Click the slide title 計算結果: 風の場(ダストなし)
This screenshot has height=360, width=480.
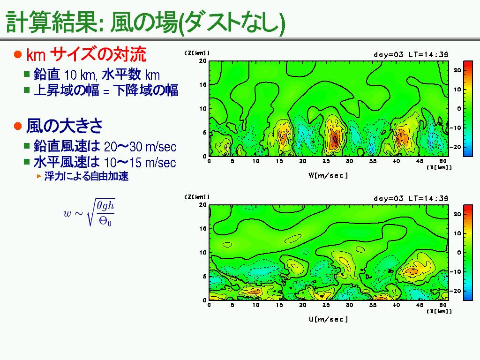click(x=145, y=22)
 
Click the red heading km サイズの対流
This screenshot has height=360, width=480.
click(x=86, y=54)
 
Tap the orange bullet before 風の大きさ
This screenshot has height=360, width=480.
click(x=18, y=126)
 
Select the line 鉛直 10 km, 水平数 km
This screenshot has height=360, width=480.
click(x=97, y=75)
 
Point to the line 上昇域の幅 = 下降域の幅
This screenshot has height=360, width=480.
click(x=106, y=90)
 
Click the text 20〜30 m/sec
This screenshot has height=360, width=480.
click(x=140, y=147)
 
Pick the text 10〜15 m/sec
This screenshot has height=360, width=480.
click(x=140, y=163)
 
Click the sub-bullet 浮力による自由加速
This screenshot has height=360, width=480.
click(x=86, y=176)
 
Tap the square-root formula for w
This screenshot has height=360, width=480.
click(x=89, y=212)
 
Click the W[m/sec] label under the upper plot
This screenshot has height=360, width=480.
click(x=328, y=175)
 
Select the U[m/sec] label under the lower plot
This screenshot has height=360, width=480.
click(x=328, y=319)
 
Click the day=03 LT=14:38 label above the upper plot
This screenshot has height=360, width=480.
click(x=411, y=54)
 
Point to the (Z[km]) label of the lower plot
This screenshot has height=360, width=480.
click(x=197, y=197)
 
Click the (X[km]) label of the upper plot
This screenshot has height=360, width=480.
click(x=439, y=167)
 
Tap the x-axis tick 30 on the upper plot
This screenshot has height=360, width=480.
click(x=349, y=161)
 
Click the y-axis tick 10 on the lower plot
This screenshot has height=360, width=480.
click(x=203, y=253)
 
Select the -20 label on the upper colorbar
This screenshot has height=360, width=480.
click(x=457, y=147)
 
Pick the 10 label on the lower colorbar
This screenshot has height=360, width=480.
click(x=457, y=233)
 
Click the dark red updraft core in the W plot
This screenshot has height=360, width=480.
click(x=335, y=139)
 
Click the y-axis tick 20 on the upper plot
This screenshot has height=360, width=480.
click(x=203, y=60)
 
